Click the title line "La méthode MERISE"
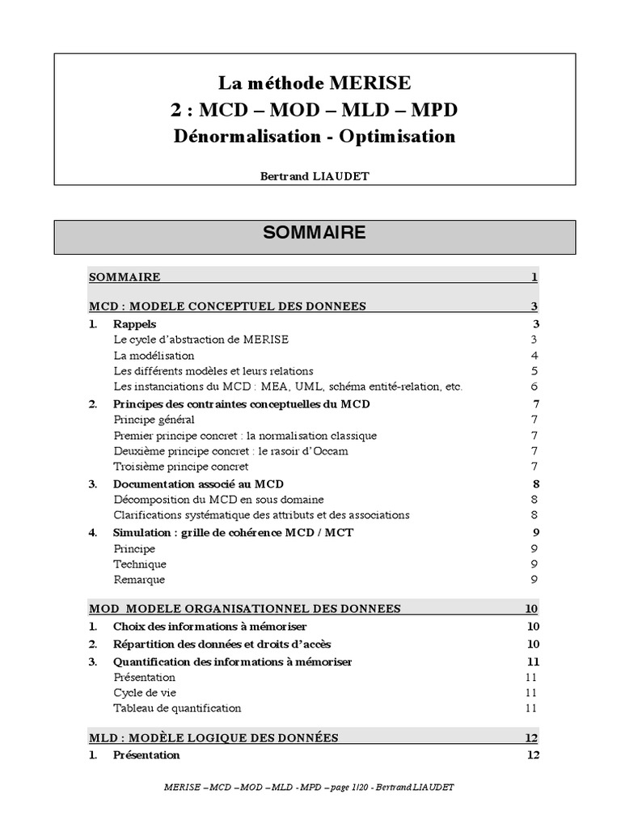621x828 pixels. (315, 82)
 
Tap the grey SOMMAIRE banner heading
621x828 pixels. (315, 233)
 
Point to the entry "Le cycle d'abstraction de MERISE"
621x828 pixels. (201, 340)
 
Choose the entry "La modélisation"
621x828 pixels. (154, 355)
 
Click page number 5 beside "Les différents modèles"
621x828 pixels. (534, 371)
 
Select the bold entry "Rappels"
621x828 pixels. (135, 324)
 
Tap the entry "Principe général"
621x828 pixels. (154, 420)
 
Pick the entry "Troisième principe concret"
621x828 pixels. (180, 467)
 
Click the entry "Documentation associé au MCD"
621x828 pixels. (198, 484)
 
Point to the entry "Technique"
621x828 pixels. (140, 564)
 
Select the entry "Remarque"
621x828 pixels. (139, 579)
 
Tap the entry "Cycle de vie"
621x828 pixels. (145, 692)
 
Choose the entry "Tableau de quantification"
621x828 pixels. (177, 708)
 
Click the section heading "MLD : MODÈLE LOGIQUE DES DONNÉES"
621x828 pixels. (213, 737)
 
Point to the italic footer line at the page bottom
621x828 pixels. (315, 787)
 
